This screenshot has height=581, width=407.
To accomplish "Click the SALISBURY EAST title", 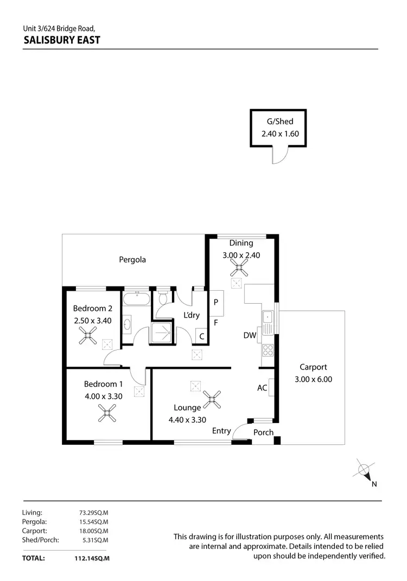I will pyautogui.click(x=61, y=40).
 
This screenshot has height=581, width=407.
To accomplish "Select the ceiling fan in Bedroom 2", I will pyautogui.click(x=88, y=338).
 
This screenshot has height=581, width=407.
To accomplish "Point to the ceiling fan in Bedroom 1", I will pyautogui.click(x=107, y=415).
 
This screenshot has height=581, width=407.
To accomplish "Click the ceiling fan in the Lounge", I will pyautogui.click(x=215, y=400).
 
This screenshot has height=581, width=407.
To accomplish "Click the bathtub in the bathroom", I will pyautogui.click(x=136, y=299).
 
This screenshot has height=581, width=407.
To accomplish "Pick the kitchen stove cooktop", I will pyautogui.click(x=268, y=350).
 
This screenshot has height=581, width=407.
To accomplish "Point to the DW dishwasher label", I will pyautogui.click(x=250, y=336).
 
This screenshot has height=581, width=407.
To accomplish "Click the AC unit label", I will pyautogui.click(x=262, y=388).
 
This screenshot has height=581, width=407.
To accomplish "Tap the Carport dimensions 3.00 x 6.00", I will pyautogui.click(x=313, y=380).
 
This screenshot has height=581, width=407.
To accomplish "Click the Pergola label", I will pyautogui.click(x=132, y=259).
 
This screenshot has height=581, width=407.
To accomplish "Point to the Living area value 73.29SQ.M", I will pyautogui.click(x=93, y=512).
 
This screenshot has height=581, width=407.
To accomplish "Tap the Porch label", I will pyautogui.click(x=263, y=432).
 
